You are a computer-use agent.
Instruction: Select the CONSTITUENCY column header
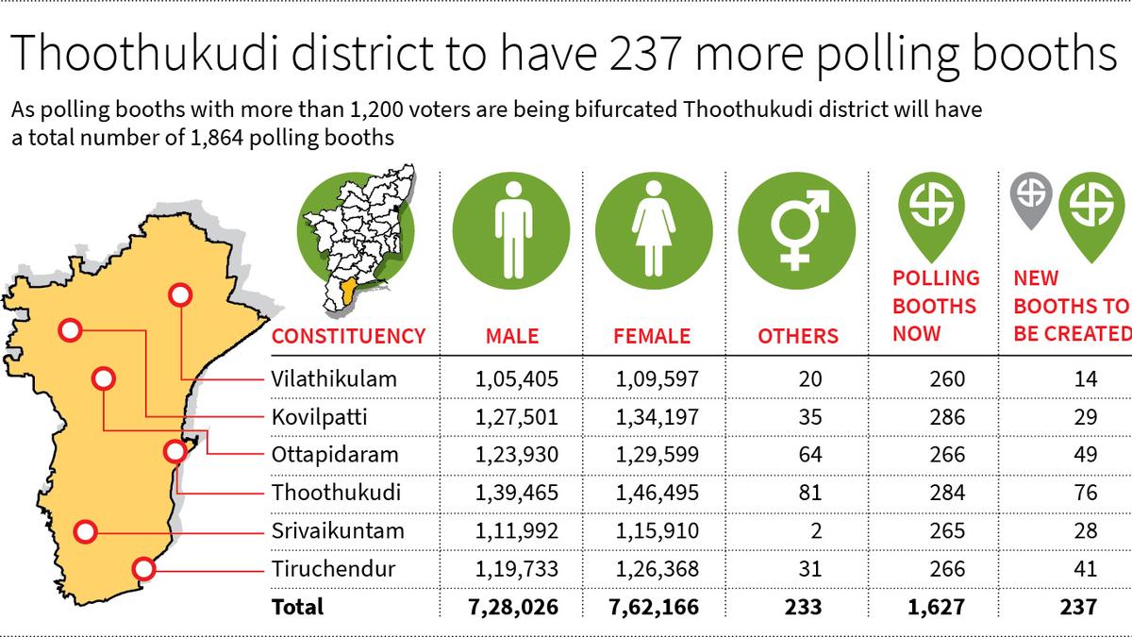coord(348,336)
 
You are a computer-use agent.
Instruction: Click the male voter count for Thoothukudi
coord(517,493)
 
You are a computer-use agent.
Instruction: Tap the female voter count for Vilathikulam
coord(658,379)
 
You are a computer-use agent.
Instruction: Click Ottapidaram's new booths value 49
coord(1085,455)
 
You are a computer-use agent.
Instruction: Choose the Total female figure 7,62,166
coord(658,607)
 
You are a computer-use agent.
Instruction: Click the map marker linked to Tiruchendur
coord(143,569)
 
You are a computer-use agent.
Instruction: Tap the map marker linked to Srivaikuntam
coord(86,531)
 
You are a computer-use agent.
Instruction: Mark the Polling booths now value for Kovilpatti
coord(946,417)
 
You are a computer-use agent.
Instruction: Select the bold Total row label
coord(297,607)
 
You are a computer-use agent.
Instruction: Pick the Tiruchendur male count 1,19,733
coord(517,569)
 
